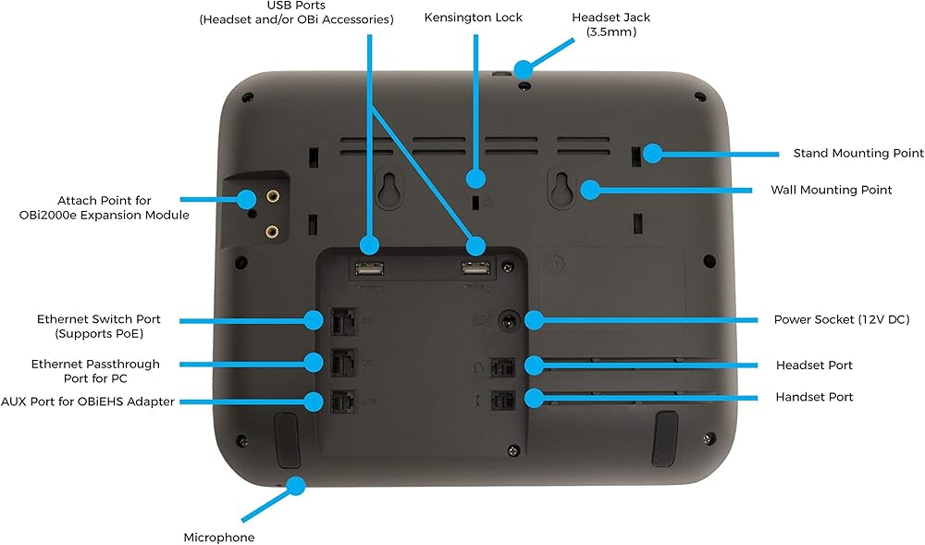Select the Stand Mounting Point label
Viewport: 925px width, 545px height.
click(857, 153)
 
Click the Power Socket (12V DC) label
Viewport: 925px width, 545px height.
click(842, 319)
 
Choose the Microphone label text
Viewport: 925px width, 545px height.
click(218, 537)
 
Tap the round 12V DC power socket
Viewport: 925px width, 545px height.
click(508, 321)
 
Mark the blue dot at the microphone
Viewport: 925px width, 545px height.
click(296, 484)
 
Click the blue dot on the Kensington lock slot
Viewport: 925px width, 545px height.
click(476, 179)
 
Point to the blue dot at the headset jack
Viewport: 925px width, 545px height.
click(524, 68)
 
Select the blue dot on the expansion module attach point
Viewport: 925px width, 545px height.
click(247, 198)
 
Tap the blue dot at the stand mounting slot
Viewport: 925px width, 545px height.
click(653, 154)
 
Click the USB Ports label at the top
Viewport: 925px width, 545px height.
click(296, 12)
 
